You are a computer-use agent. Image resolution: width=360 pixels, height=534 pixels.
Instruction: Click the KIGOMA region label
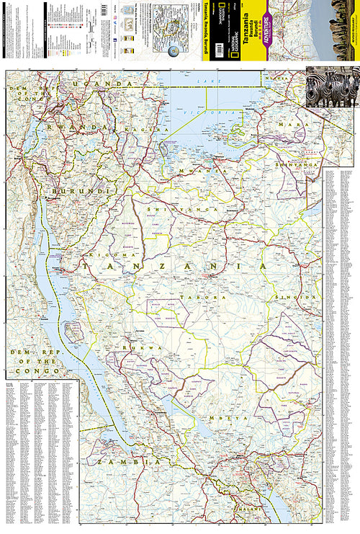pyautogui.click(x=108, y=254)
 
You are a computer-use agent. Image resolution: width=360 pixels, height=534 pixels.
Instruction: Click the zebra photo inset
pyautogui.click(x=332, y=87)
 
